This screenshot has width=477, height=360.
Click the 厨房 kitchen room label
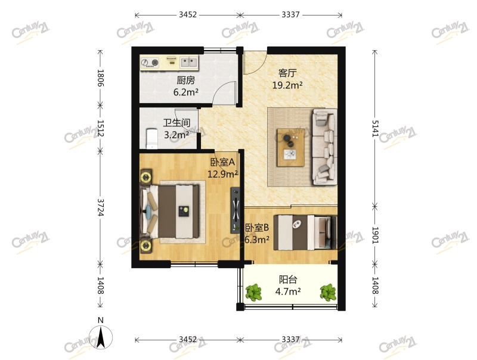(185, 80)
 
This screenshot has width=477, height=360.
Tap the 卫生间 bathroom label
(176, 123)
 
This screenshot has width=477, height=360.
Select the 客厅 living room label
(287, 73)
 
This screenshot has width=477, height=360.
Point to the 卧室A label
(223, 162)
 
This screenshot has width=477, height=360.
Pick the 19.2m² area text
(287, 85)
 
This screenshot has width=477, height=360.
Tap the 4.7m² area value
(287, 291)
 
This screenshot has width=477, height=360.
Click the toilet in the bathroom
(152, 138)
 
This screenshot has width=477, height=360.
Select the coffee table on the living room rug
(290, 147)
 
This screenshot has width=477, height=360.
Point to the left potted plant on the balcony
(254, 292)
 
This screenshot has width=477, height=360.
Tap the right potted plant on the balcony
(327, 292)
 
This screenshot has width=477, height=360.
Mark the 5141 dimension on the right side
(376, 126)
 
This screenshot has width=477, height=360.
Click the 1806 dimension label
(100, 79)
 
